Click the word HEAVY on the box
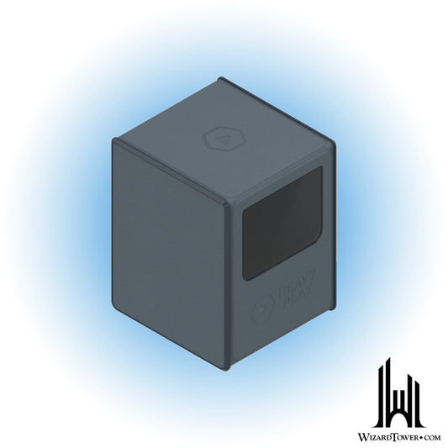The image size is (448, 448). click(x=289, y=291)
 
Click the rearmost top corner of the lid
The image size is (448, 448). click(x=220, y=78)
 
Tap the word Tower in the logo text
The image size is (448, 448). click(x=408, y=436)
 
